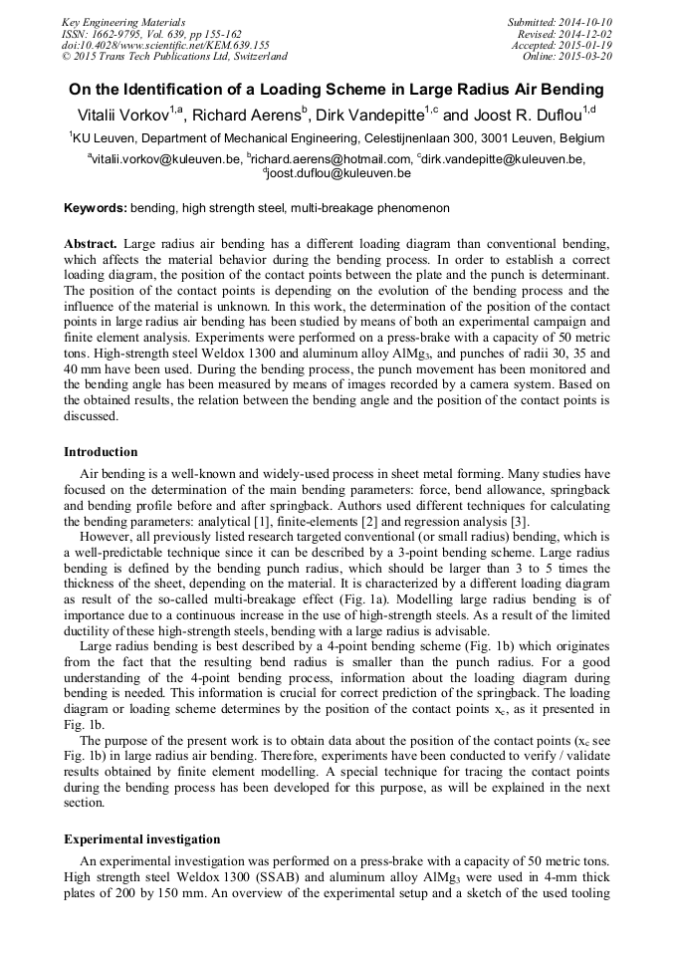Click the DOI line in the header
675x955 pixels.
coord(165,45)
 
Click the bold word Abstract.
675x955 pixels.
coord(91,244)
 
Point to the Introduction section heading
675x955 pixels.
coord(101,452)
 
